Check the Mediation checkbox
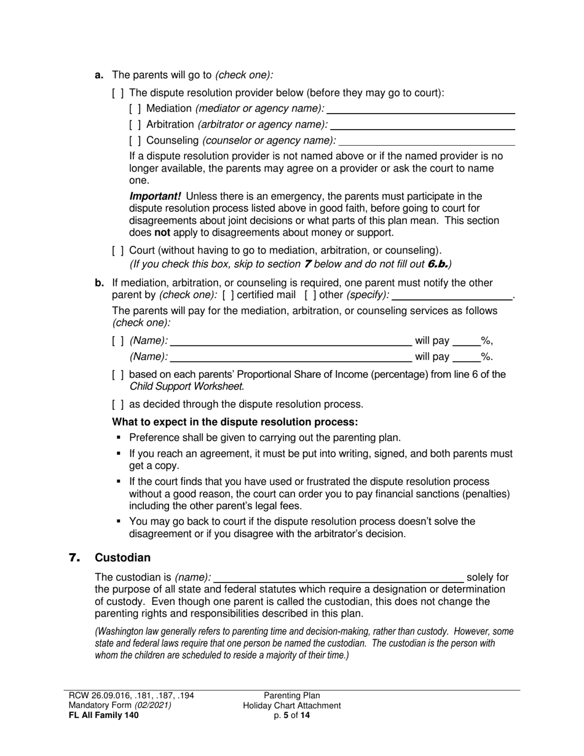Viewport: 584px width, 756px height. pyautogui.click(x=135, y=109)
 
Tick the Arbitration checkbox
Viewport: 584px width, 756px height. pyautogui.click(x=135, y=125)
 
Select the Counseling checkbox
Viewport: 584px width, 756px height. pyautogui.click(x=135, y=141)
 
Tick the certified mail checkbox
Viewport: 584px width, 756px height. pyautogui.click(x=227, y=295)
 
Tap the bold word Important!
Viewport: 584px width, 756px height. pyautogui.click(x=155, y=197)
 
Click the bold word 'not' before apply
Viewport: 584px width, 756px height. pyautogui.click(x=162, y=233)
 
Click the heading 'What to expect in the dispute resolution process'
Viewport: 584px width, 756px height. pyautogui.click(x=235, y=422)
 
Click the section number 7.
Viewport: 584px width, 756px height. pyautogui.click(x=74, y=558)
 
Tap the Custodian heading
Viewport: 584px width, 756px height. pyautogui.click(x=122, y=558)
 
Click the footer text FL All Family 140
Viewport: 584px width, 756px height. pyautogui.click(x=104, y=715)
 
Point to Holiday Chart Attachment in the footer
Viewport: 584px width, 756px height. pyautogui.click(x=291, y=706)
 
